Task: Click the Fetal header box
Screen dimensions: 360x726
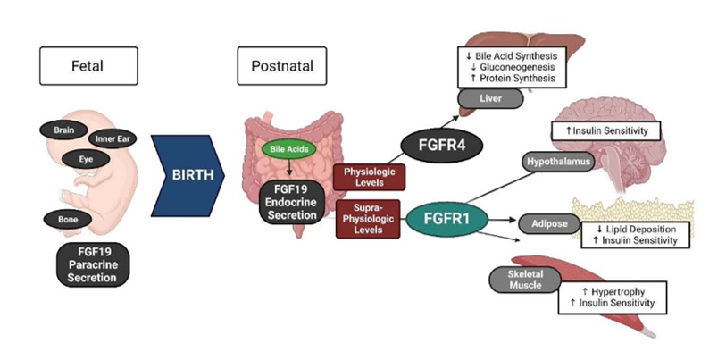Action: coord(88,66)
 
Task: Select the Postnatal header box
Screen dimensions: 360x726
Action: coord(277,66)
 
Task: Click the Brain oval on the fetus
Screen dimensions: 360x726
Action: coord(63,130)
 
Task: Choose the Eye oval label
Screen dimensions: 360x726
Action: coord(86,158)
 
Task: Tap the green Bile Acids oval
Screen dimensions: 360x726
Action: coord(288,149)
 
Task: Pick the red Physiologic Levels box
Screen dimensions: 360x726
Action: coord(369,177)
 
